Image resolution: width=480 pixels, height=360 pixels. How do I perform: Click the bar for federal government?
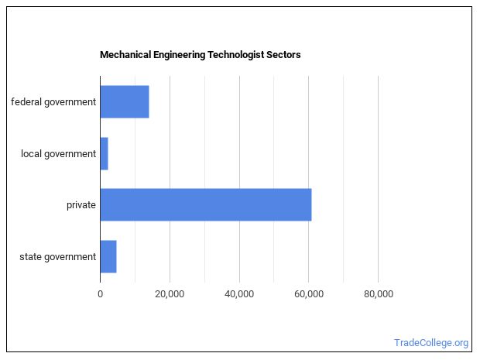pyautogui.click(x=124, y=102)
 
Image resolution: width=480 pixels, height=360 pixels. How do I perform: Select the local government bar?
pyautogui.click(x=104, y=153)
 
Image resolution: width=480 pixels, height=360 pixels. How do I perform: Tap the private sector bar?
pyautogui.click(x=205, y=205)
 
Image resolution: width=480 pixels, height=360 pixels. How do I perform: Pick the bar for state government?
pyautogui.click(x=108, y=256)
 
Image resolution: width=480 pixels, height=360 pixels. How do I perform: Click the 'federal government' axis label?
pyautogui.click(x=53, y=102)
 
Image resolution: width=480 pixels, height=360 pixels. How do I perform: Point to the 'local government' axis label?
pyautogui.click(x=59, y=153)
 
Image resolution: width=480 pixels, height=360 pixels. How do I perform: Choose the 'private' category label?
pyautogui.click(x=81, y=205)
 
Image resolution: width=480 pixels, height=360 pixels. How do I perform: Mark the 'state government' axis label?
pyautogui.click(x=58, y=256)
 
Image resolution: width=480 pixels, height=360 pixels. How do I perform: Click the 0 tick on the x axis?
pyautogui.click(x=100, y=293)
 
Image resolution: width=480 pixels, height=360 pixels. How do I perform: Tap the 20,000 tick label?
pyautogui.click(x=170, y=293)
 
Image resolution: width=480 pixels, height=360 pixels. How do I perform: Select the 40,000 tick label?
pyautogui.click(x=239, y=293)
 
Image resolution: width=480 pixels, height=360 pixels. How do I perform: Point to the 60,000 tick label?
pyautogui.click(x=308, y=293)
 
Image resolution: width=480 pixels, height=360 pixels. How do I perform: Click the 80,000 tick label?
pyautogui.click(x=378, y=293)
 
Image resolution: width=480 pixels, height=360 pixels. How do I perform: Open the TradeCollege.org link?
pyautogui.click(x=431, y=343)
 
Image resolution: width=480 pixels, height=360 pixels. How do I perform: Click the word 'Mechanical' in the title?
pyautogui.click(x=124, y=56)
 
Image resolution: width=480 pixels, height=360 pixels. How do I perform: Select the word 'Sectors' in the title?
pyautogui.click(x=284, y=56)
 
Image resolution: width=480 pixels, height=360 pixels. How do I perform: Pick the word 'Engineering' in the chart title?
pyautogui.click(x=178, y=56)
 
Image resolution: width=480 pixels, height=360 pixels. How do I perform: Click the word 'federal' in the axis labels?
pyautogui.click(x=26, y=102)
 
